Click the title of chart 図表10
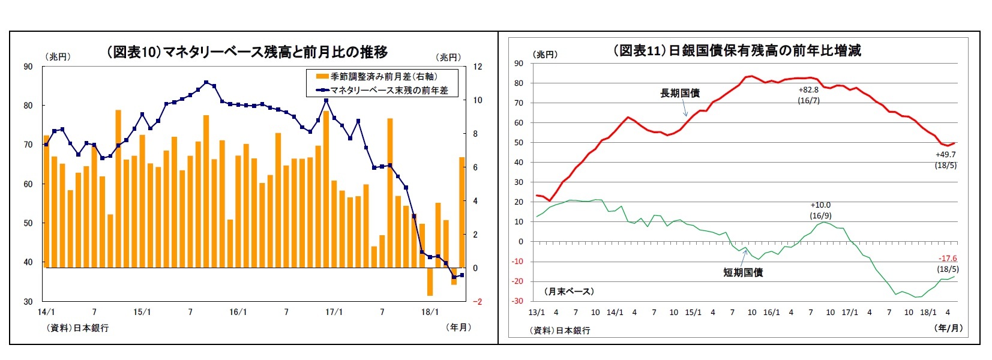tap(247, 52)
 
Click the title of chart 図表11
tap(736, 50)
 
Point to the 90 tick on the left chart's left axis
tap(28, 67)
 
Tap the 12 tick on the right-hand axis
tap(477, 67)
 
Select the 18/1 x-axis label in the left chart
tap(430, 312)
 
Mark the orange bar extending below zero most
tap(430, 281)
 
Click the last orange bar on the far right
tap(461, 212)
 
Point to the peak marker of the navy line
tap(206, 82)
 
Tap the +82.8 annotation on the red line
tap(808, 90)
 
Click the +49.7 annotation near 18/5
tap(945, 155)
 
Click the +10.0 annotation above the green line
tap(820, 205)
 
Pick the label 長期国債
tap(679, 93)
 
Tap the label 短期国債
tap(742, 272)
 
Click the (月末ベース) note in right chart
tap(569, 291)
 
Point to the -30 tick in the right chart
tap(517, 301)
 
